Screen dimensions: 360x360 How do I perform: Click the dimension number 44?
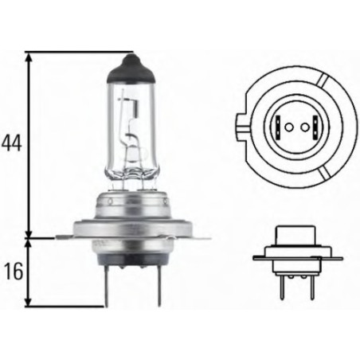point(10,144)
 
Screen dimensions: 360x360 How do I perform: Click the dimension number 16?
point(10,271)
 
